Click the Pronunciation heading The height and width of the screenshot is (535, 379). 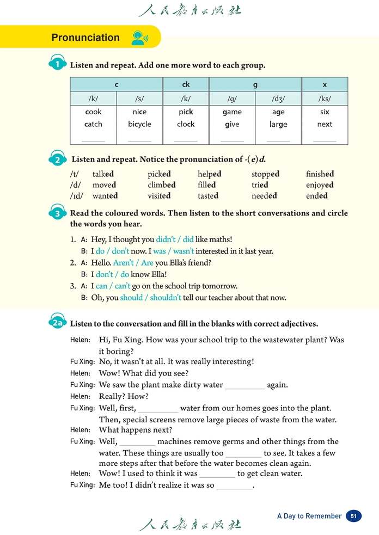(85, 38)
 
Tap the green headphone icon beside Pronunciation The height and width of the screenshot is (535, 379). (138, 38)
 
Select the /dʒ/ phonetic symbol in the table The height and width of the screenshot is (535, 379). (278, 99)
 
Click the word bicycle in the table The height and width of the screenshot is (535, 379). (139, 124)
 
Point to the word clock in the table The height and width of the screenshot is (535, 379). (186, 124)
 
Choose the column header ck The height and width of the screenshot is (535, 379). (186, 84)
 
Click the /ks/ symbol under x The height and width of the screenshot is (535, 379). (325, 99)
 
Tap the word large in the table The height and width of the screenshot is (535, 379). (278, 124)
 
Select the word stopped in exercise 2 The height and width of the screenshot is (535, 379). (265, 174)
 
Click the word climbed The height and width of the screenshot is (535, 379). (162, 185)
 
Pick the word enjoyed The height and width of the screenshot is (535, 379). (320, 185)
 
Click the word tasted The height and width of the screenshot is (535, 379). (208, 196)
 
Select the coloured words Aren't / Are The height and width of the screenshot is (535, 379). (133, 262)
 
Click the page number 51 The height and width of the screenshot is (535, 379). (353, 516)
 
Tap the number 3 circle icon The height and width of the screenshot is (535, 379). (58, 213)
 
